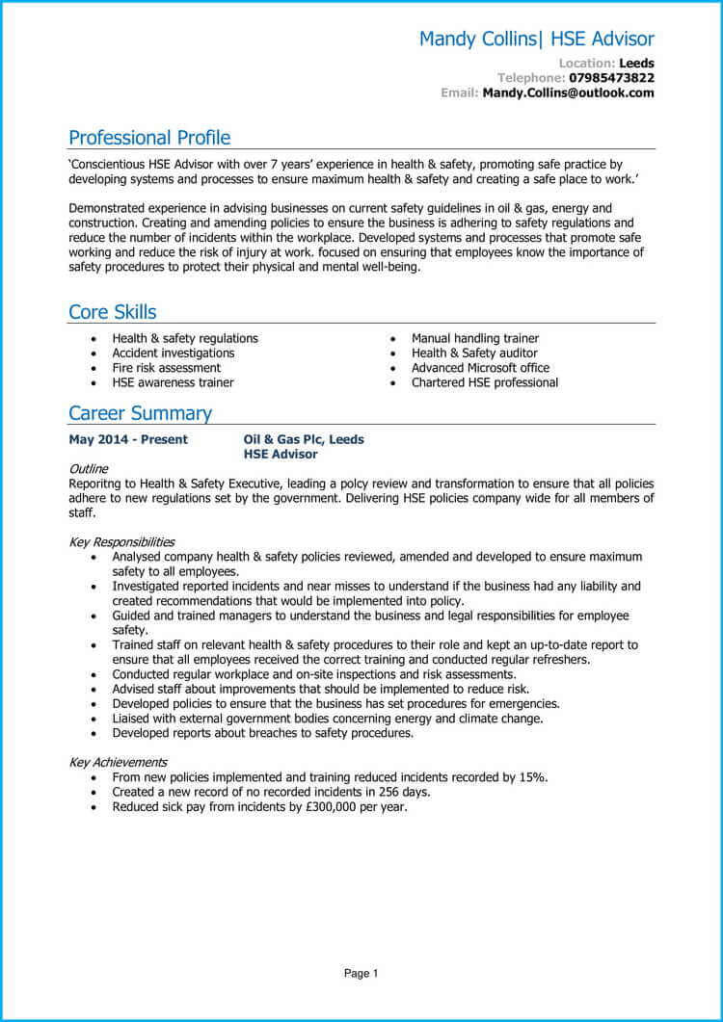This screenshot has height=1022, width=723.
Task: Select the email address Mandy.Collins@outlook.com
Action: point(568,93)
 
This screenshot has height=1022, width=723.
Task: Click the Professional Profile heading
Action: point(149,137)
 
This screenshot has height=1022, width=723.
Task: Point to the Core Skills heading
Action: point(112,312)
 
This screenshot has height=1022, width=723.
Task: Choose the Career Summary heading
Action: point(140,413)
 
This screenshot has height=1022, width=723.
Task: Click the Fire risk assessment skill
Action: point(166,368)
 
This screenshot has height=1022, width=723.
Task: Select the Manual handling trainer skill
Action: point(475,338)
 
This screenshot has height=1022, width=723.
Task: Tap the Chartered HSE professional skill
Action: point(485,382)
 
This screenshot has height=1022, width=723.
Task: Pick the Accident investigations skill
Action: point(174,354)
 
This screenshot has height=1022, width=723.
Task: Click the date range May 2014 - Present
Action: point(128,439)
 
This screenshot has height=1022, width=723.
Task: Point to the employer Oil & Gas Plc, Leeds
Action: point(304,439)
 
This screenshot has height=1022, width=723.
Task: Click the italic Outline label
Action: point(89,468)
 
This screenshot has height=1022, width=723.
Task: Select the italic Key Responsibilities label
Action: point(121,542)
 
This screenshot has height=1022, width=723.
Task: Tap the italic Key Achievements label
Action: point(118,762)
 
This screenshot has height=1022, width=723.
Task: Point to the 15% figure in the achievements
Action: point(533,777)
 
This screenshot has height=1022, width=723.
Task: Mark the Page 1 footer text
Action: point(361,974)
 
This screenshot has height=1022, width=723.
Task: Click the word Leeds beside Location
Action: point(636,64)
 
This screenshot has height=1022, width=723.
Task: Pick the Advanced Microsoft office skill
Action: point(480,368)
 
